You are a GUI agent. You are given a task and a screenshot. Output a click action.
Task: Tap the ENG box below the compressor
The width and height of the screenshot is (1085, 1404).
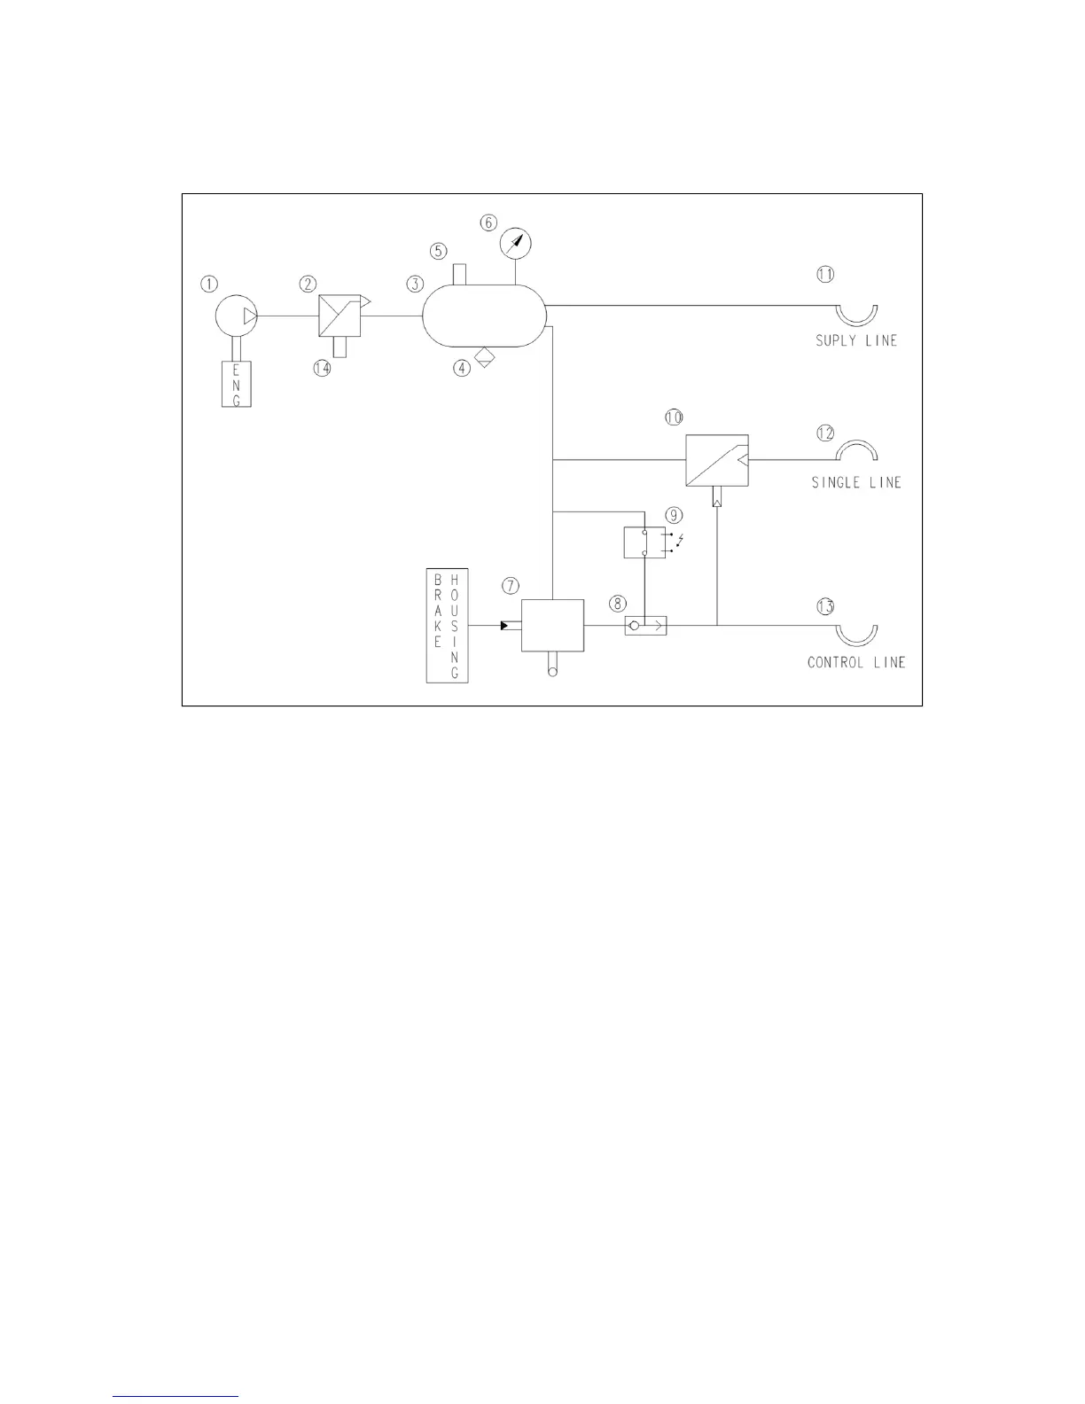tap(236, 384)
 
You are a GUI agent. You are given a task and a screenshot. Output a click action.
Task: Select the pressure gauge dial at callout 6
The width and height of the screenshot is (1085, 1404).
tap(515, 242)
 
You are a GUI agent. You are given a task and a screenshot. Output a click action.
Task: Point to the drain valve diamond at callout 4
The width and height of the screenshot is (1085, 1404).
tap(484, 358)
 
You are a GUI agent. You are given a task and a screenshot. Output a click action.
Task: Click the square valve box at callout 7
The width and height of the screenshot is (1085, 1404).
tap(552, 626)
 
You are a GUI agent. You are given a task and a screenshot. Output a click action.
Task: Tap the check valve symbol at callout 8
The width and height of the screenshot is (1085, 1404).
tap(645, 626)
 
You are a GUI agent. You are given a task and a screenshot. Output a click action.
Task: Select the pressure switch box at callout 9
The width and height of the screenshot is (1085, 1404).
tap(644, 542)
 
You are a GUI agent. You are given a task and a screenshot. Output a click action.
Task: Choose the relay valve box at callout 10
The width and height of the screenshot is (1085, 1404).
tap(716, 460)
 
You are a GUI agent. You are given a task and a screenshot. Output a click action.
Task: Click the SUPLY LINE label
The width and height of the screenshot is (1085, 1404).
tap(856, 340)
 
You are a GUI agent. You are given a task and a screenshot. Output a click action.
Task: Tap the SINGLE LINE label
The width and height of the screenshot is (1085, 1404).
tap(856, 483)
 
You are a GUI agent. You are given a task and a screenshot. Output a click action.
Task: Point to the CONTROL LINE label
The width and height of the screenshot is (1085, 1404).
tap(856, 662)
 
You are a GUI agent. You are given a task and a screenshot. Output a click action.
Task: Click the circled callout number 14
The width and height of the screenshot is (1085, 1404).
tap(322, 369)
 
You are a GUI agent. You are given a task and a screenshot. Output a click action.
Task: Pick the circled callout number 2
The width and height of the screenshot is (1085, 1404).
tap(308, 284)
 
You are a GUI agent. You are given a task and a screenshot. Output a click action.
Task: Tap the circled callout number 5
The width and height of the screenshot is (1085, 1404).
tap(439, 251)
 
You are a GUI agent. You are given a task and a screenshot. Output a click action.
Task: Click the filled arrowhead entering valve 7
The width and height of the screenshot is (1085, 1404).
tap(504, 626)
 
